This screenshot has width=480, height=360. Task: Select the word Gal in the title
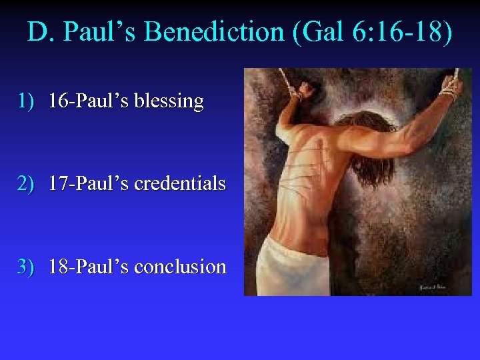coord(319,32)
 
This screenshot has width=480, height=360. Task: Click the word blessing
coord(169,101)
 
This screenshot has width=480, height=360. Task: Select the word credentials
coord(180,183)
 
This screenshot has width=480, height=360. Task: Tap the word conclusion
coord(180,267)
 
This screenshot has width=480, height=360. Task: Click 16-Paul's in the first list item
coord(89,101)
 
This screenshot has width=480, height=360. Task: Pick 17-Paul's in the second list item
coord(89,183)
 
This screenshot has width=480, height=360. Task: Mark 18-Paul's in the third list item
coord(89,267)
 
